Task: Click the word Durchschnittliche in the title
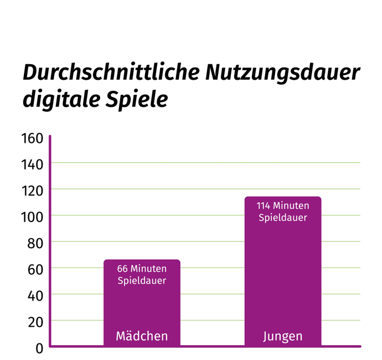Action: tap(111, 73)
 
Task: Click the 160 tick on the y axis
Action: tap(32, 138)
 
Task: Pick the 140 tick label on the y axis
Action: tap(32, 164)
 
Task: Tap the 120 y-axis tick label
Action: tap(32, 190)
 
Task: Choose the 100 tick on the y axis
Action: tap(32, 217)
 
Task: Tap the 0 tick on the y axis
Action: tap(39, 348)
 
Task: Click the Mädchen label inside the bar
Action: tap(142, 336)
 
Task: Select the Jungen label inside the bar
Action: tap(282, 336)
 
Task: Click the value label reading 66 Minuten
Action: tap(142, 269)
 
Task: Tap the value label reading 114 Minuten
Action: tap(282, 205)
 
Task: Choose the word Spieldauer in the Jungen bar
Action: tap(282, 218)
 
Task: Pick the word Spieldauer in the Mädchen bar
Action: tap(142, 281)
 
